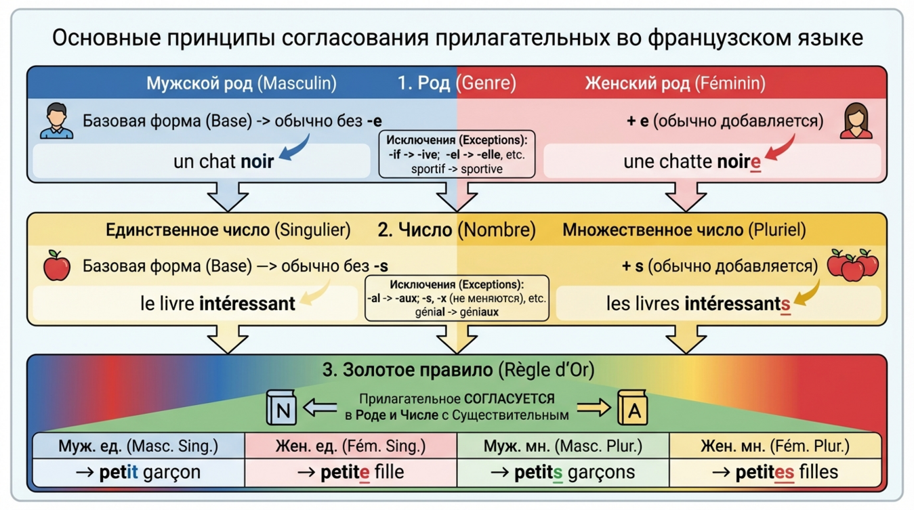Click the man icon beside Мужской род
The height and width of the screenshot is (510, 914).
click(x=56, y=121)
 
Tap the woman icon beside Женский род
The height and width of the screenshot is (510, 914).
click(x=856, y=121)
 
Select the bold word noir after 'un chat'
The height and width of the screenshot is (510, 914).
click(x=257, y=161)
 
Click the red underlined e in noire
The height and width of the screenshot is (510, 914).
click(x=755, y=163)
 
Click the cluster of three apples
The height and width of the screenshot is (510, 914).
click(x=853, y=265)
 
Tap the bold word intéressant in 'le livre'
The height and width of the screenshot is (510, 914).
click(x=247, y=303)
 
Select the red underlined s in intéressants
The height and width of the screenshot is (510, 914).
click(x=785, y=305)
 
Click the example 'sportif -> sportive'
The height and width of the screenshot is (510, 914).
click(x=457, y=168)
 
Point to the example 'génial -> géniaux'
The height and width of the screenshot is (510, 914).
click(x=456, y=312)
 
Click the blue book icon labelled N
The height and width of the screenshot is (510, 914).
click(x=282, y=408)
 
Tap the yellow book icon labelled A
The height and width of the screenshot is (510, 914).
click(x=633, y=408)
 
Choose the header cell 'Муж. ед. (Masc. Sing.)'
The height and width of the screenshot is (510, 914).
click(x=138, y=446)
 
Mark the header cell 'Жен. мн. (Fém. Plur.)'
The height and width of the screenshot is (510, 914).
click(x=775, y=446)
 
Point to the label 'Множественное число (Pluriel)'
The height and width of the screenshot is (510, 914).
click(x=684, y=230)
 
